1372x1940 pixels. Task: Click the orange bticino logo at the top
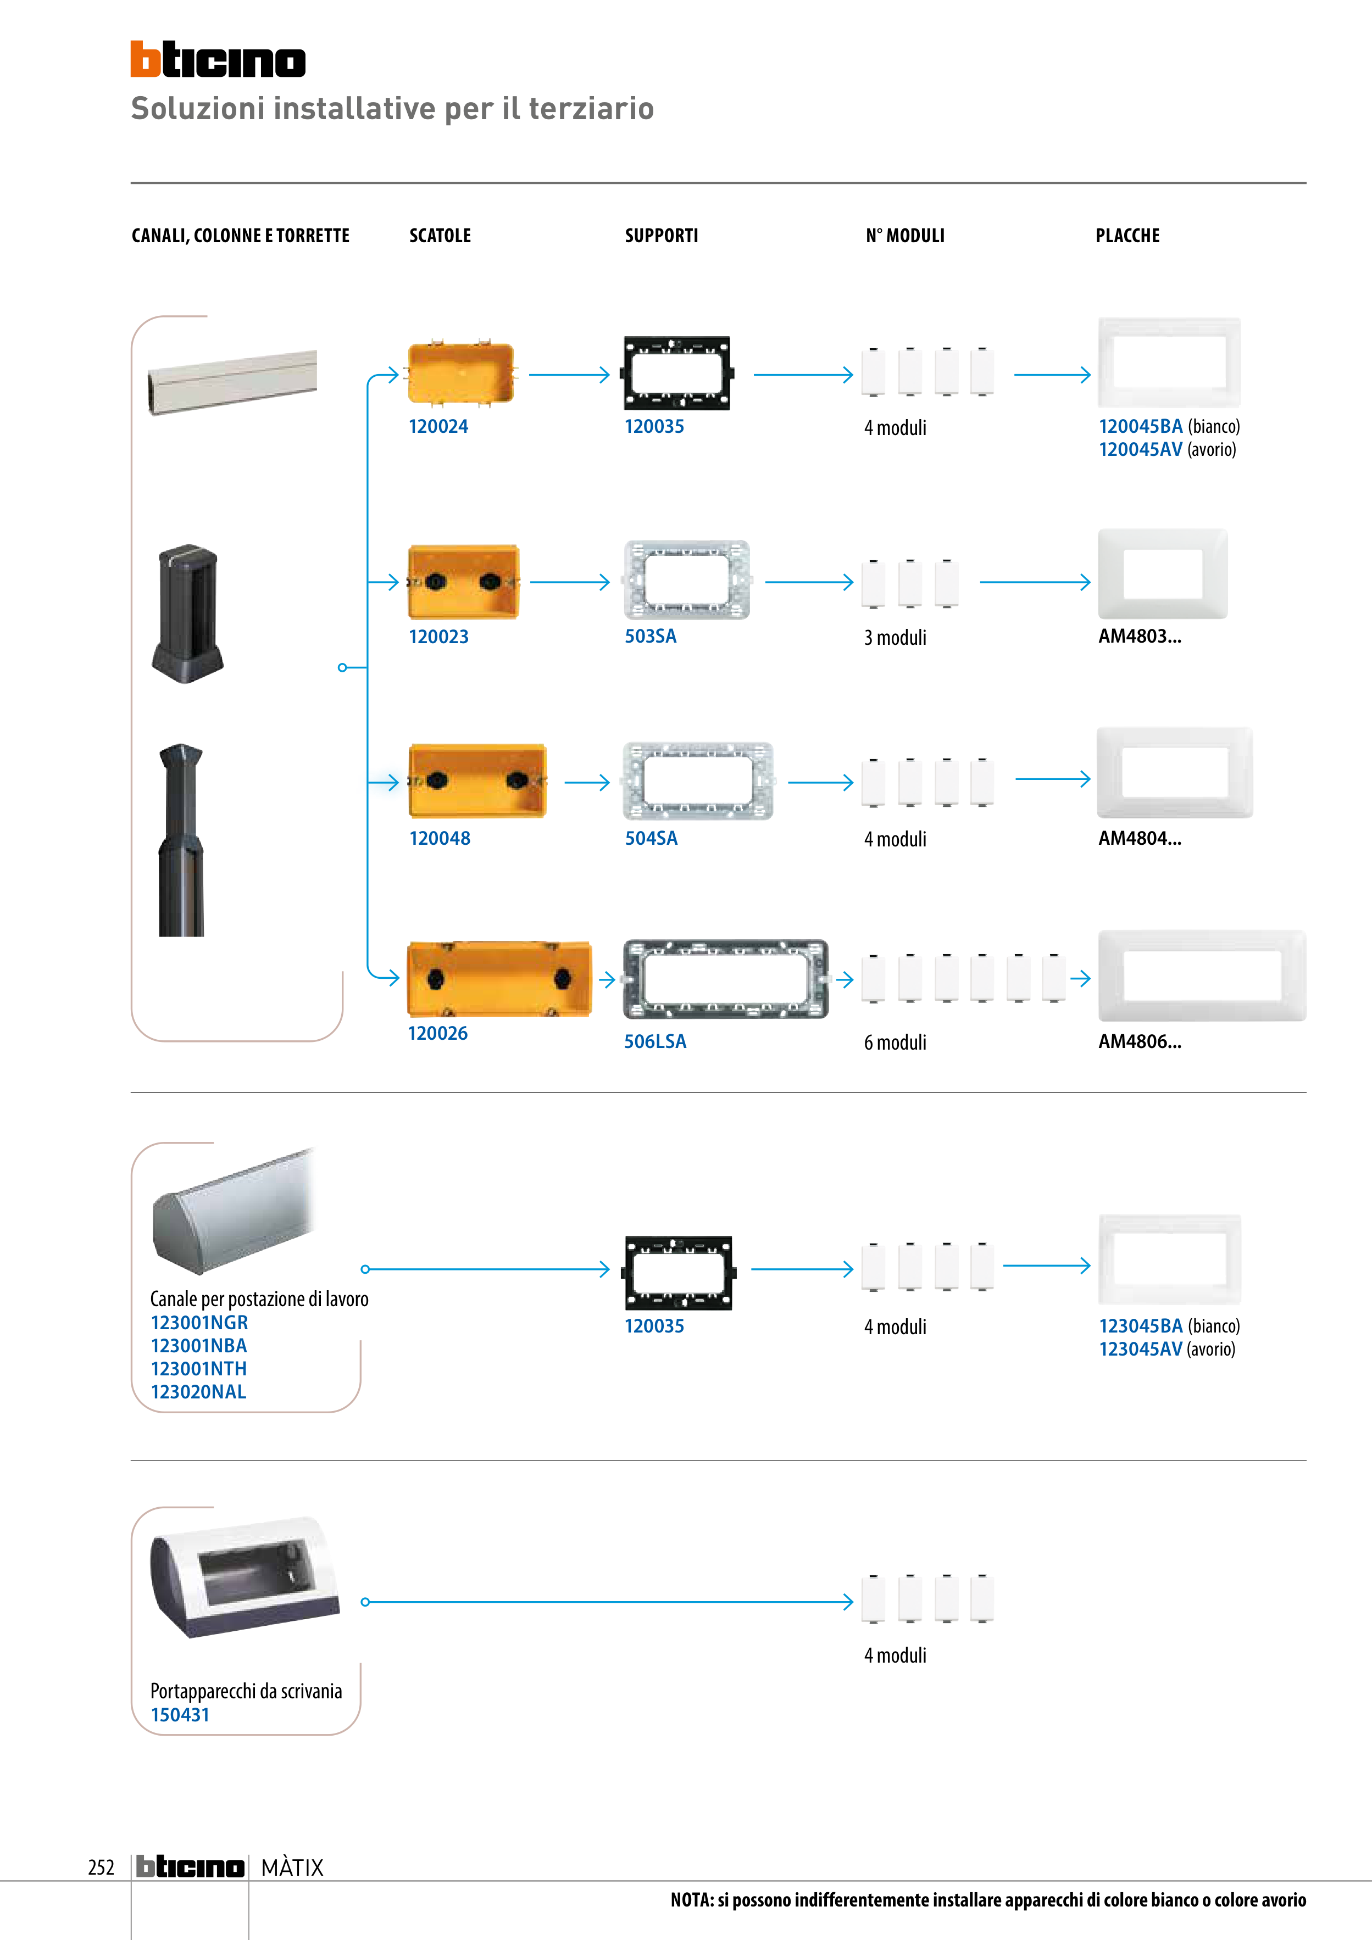pos(217,59)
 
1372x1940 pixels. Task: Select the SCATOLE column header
pos(440,236)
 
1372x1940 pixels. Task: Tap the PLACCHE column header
pos(1127,236)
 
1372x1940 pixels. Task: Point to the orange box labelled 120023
pos(463,582)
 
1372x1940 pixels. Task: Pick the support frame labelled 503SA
pos(686,581)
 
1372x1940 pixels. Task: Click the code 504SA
pos(651,838)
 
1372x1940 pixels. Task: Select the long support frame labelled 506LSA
pos(725,979)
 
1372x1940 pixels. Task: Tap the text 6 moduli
pos(895,1043)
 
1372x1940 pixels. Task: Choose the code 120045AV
pos(1140,449)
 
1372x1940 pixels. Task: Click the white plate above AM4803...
pos(1162,574)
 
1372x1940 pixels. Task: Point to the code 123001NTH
pos(199,1369)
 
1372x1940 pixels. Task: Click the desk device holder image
pos(245,1577)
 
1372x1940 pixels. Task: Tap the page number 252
pos(101,1867)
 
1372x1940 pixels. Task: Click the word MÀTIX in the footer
pos(292,1867)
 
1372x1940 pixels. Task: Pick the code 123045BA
pos(1140,1326)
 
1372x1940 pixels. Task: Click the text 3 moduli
pos(895,638)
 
